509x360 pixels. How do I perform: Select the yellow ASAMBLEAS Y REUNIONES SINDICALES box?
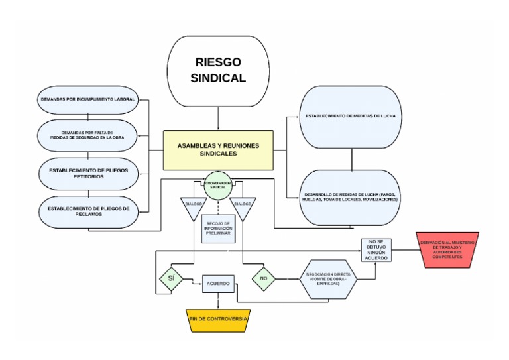218,149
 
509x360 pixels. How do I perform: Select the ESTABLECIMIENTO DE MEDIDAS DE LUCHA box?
351,117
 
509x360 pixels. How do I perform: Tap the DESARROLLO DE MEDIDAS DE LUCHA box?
351,196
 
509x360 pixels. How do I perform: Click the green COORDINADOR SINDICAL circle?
218,186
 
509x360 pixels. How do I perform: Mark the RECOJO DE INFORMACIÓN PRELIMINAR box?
218,229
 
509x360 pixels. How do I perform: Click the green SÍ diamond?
171,278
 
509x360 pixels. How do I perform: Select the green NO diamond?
263,278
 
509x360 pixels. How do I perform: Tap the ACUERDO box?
218,283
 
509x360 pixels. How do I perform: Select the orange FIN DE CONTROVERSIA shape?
218,320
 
